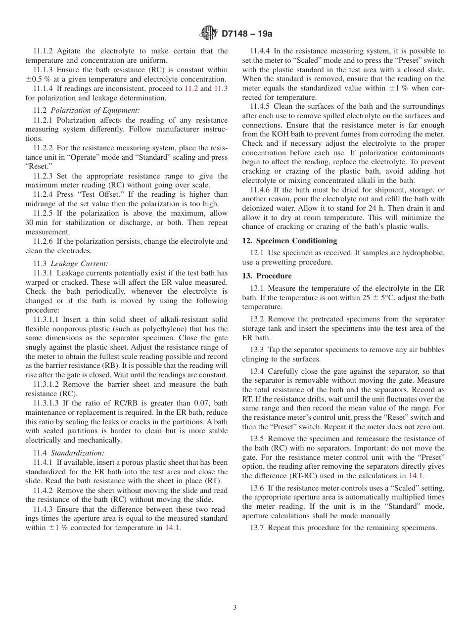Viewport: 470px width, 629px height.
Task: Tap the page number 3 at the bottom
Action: coord(235,608)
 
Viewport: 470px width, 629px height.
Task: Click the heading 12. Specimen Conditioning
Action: coord(289,241)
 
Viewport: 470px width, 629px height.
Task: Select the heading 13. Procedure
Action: coord(267,276)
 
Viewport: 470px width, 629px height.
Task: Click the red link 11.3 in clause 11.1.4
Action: coord(221,89)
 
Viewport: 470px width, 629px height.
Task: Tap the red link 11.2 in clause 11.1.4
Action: coord(191,89)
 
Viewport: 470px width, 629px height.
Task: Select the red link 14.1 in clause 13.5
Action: coord(416,476)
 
